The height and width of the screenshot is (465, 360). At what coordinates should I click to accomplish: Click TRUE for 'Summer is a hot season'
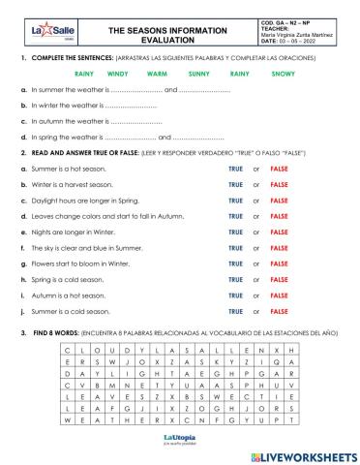[235, 169]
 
